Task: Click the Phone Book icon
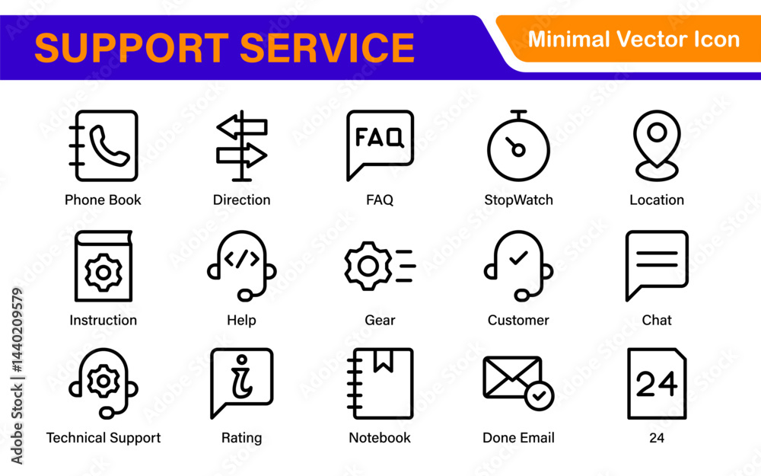click(103, 145)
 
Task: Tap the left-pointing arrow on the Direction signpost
click(242, 127)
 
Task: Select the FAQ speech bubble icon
click(380, 145)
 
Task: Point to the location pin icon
click(657, 145)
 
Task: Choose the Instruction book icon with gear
click(103, 266)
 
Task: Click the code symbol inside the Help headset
click(242, 259)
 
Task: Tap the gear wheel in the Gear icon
click(368, 266)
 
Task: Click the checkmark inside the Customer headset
click(518, 257)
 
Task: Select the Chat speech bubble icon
click(657, 266)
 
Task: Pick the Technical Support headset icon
click(103, 384)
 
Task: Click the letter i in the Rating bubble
click(241, 377)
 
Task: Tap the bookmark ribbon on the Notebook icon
click(384, 361)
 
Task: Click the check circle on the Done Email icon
click(540, 396)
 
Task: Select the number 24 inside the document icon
click(657, 384)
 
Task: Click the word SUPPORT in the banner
click(132, 48)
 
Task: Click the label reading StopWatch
click(518, 200)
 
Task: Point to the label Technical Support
click(103, 438)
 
